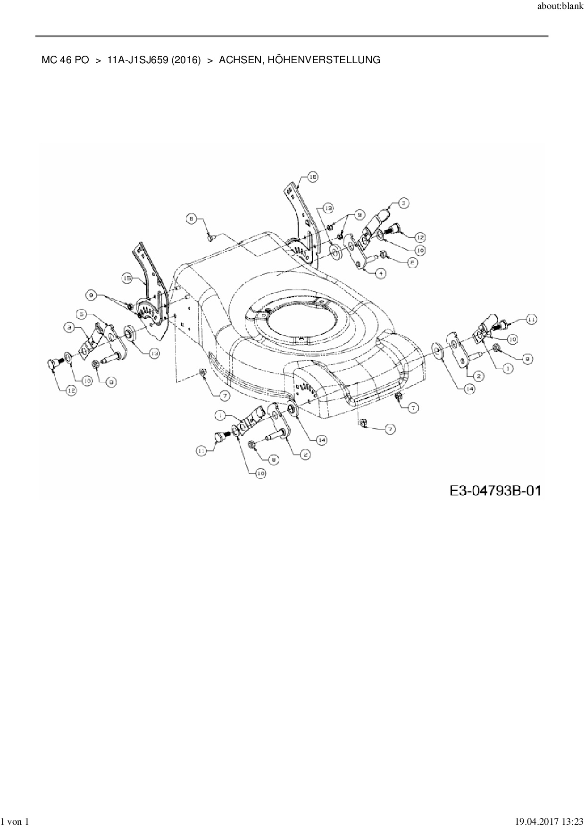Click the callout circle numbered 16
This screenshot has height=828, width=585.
(x=313, y=177)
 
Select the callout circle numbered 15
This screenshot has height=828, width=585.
(x=127, y=279)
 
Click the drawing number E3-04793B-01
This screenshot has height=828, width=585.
(x=495, y=490)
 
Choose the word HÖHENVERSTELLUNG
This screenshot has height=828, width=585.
(x=322, y=60)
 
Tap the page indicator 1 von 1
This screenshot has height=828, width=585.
(x=16, y=822)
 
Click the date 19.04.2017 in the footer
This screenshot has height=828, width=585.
(x=534, y=822)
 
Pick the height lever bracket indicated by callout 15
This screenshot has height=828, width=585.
(x=150, y=293)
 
